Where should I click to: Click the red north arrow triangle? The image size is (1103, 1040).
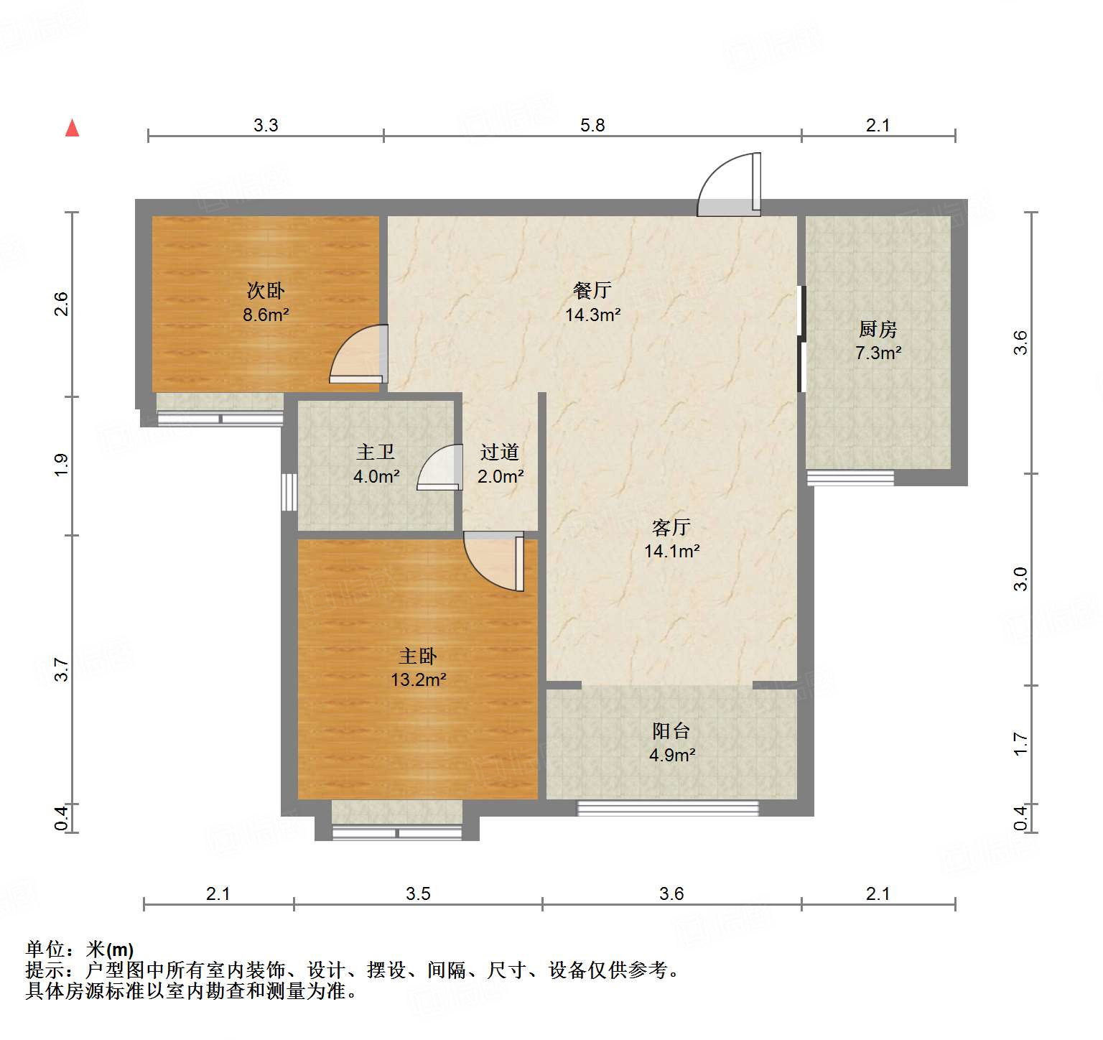pyautogui.click(x=72, y=128)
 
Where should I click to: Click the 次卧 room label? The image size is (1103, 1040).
pyautogui.click(x=266, y=291)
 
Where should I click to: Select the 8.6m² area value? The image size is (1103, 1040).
pyautogui.click(x=266, y=315)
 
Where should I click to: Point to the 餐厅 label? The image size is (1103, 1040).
pyautogui.click(x=592, y=290)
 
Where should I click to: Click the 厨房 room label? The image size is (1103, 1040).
pyautogui.click(x=878, y=329)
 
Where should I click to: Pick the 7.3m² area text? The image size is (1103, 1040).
pyautogui.click(x=878, y=353)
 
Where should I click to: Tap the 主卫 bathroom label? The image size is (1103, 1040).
pyautogui.click(x=376, y=452)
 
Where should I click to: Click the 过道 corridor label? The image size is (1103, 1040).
pyautogui.click(x=500, y=452)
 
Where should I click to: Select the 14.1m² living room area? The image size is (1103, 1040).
pyautogui.click(x=671, y=551)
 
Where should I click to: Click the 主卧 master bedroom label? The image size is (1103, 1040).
pyautogui.click(x=418, y=656)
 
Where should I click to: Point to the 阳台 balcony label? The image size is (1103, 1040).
pyautogui.click(x=671, y=731)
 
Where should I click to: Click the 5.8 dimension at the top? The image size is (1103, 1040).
pyautogui.click(x=592, y=125)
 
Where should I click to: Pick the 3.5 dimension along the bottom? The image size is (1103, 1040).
pyautogui.click(x=418, y=893)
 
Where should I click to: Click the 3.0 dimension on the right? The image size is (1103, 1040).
pyautogui.click(x=1020, y=579)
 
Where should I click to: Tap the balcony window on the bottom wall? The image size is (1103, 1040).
pyautogui.click(x=668, y=809)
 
